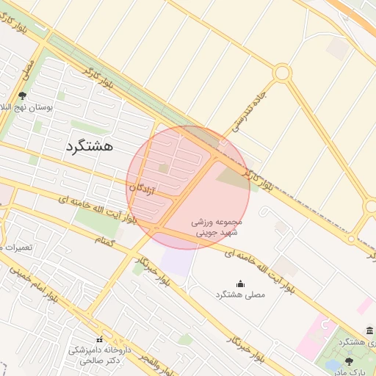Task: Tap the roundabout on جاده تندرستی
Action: pyautogui.click(x=281, y=73)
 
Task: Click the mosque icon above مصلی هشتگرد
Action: pyautogui.click(x=240, y=283)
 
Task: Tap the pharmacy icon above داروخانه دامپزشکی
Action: pyautogui.click(x=99, y=339)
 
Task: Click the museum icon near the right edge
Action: pyautogui.click(x=369, y=331)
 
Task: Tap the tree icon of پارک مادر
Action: pyautogui.click(x=349, y=361)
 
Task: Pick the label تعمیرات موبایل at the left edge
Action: pyautogui.click(x=16, y=247)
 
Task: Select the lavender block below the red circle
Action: pyautogui.click(x=176, y=261)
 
